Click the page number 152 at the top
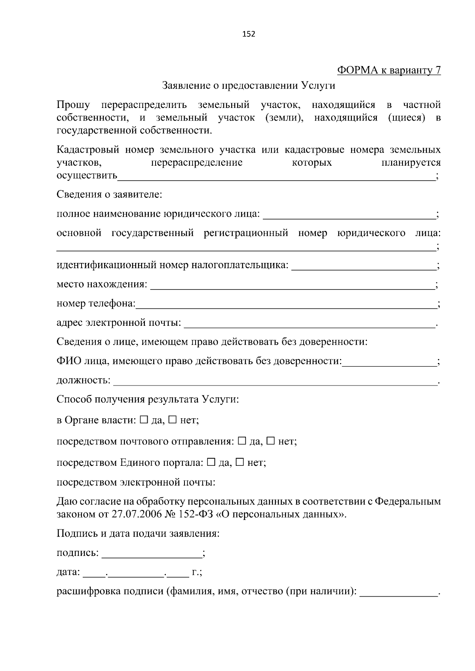[249, 34]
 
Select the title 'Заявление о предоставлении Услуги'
[249, 85]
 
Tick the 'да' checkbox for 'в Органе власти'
[144, 420]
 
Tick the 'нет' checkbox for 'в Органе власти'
[173, 420]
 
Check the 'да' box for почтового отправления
[242, 440]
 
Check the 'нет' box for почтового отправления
[271, 440]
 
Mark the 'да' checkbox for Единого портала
[211, 462]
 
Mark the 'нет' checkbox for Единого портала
[240, 462]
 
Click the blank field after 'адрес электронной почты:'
[309, 323]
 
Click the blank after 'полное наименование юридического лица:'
[348, 215]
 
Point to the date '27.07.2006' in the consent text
[134, 514]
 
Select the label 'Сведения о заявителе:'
[109, 195]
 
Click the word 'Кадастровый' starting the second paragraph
[88, 150]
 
